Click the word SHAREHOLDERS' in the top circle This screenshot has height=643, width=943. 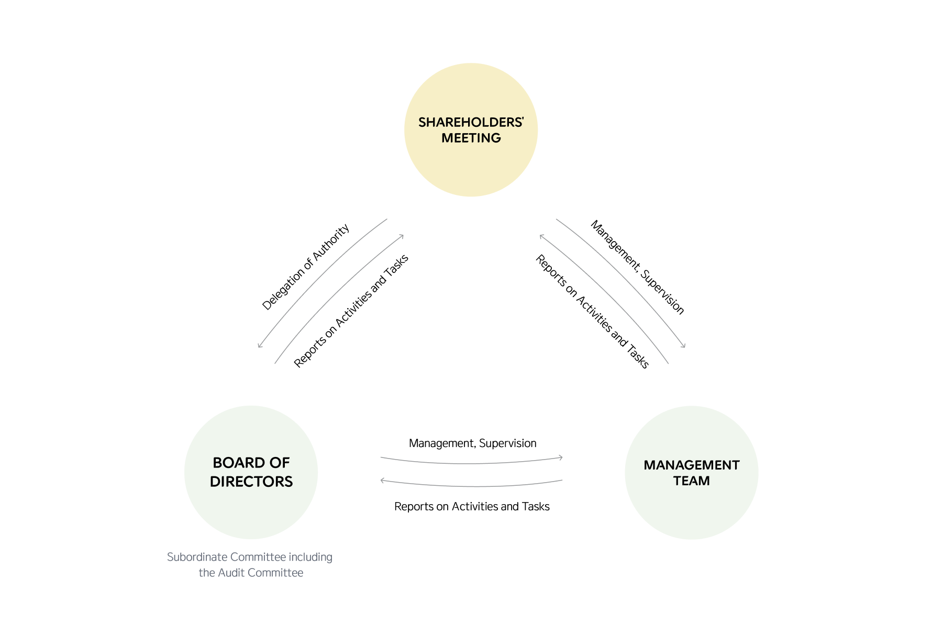(x=471, y=123)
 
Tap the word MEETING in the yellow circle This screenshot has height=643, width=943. (x=471, y=138)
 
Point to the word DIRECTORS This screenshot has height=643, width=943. (x=251, y=482)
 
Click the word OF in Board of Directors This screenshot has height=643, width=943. (x=280, y=463)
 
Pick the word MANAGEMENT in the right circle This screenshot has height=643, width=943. (x=691, y=465)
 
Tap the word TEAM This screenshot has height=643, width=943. (x=691, y=481)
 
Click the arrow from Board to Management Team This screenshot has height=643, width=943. (x=471, y=463)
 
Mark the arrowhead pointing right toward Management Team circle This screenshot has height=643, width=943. (x=561, y=457)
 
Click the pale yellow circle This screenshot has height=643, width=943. (x=471, y=168)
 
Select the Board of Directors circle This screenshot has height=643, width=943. (x=251, y=508)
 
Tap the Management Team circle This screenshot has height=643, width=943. (x=691, y=508)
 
